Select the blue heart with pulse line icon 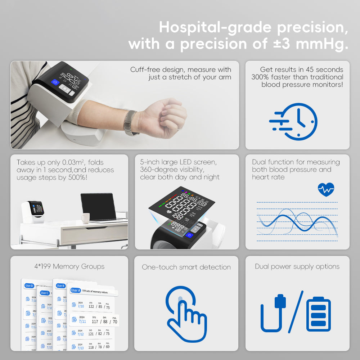326,189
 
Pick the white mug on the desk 85,218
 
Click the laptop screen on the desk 98,206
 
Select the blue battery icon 318,314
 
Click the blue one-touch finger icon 186,313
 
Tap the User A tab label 76,290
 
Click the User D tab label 29,286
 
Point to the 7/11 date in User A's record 82,321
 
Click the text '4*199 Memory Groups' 69,266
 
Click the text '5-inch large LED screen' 178,162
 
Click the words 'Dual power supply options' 297,266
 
